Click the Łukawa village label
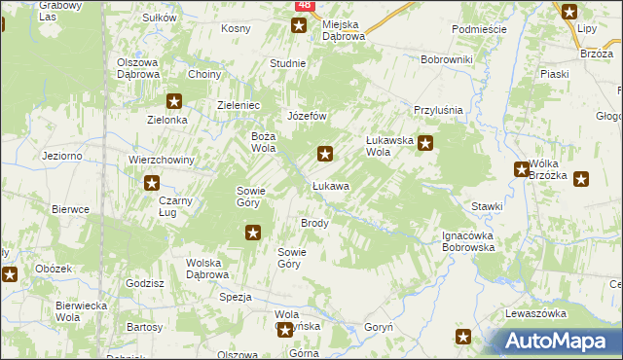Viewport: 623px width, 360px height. [330, 185]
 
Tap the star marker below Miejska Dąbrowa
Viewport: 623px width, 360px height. [299, 25]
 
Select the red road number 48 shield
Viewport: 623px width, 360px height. [305, 6]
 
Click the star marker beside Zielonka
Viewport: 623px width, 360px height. [174, 100]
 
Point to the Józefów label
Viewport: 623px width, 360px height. [305, 116]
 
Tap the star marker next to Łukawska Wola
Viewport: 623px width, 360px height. [425, 142]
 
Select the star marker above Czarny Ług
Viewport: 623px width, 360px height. [152, 182]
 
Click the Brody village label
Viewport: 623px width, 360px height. [314, 223]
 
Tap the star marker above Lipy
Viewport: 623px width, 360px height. [569, 12]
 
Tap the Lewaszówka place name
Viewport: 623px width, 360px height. [535, 313]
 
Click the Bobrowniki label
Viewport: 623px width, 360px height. [446, 60]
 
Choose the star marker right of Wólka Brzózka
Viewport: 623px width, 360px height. [581, 178]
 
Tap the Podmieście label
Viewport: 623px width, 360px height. [479, 29]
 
